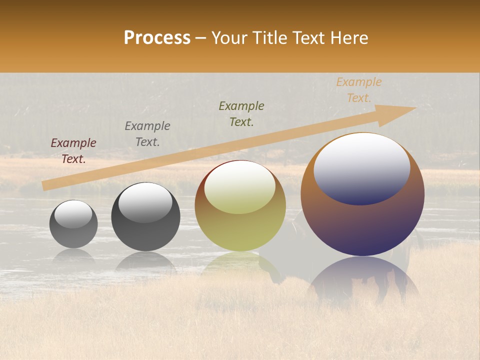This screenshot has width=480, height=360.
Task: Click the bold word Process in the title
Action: pyautogui.click(x=157, y=38)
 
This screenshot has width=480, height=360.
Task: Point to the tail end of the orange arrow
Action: pyautogui.click(x=44, y=185)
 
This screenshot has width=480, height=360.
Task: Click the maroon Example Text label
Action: pyautogui.click(x=73, y=151)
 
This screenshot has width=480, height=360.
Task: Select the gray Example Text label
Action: pyautogui.click(x=147, y=134)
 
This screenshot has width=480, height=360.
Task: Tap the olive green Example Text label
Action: pyautogui.click(x=241, y=113)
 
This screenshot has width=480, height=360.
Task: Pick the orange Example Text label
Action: pyautogui.click(x=359, y=90)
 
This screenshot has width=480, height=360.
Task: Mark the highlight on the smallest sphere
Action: pyautogui.click(x=73, y=214)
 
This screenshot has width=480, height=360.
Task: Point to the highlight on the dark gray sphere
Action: pyautogui.click(x=145, y=202)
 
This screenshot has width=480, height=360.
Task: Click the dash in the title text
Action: pyautogui.click(x=201, y=38)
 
